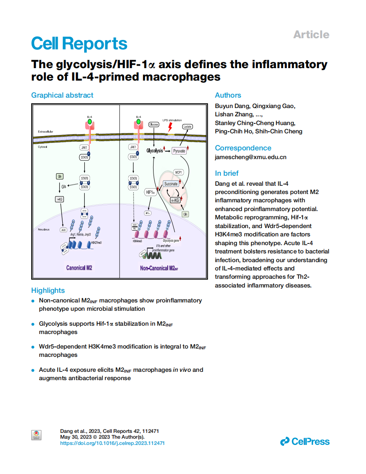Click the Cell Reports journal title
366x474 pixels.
pyautogui.click(x=79, y=44)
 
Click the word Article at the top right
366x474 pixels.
pyautogui.click(x=311, y=34)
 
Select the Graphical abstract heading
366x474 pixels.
pyautogui.click(x=62, y=95)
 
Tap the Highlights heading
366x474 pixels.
pyautogui.click(x=48, y=290)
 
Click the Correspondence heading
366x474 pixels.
pyautogui.click(x=243, y=148)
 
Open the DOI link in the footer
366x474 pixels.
pyautogui.click(x=112, y=443)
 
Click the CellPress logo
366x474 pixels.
pyautogui.click(x=305, y=442)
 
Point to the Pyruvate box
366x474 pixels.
pyautogui.click(x=179, y=151)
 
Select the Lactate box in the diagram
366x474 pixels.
pyautogui.click(x=188, y=126)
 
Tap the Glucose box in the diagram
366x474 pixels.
pyautogui.click(x=154, y=124)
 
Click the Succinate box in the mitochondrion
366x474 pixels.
pyautogui.click(x=171, y=184)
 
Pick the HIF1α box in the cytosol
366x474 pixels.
pyautogui.click(x=150, y=192)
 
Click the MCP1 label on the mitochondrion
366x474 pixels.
pyautogui.click(x=179, y=172)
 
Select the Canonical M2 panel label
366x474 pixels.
pyautogui.click(x=79, y=268)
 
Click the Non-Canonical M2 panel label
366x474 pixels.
pyautogui.click(x=159, y=268)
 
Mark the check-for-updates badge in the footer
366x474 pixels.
pyautogui.click(x=37, y=435)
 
